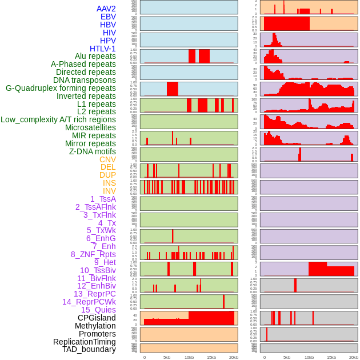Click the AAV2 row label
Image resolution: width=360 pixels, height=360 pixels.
click(106, 9)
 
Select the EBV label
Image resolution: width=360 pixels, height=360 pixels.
click(108, 17)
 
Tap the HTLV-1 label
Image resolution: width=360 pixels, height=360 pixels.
click(103, 49)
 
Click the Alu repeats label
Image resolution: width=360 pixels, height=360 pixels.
click(95, 56)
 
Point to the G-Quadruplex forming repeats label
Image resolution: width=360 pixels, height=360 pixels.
click(61, 88)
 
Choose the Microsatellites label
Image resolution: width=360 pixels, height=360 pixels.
click(90, 127)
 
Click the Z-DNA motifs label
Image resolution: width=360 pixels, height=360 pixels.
click(93, 151)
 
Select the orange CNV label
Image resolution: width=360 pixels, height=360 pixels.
click(107, 159)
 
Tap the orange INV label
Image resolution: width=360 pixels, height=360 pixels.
click(109, 191)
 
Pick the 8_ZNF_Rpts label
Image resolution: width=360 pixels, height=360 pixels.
click(93, 254)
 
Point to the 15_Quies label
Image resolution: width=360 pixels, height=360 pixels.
click(98, 310)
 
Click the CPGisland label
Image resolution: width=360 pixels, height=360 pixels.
click(97, 318)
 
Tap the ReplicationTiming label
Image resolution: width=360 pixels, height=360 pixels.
click(85, 342)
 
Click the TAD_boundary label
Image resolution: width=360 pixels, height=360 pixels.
click(89, 349)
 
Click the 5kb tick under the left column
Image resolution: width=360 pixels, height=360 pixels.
click(167, 357)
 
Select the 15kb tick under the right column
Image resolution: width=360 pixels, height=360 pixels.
click(331, 357)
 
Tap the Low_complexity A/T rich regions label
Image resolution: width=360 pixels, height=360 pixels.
click(58, 119)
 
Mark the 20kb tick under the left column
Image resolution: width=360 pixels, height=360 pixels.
click(234, 357)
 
